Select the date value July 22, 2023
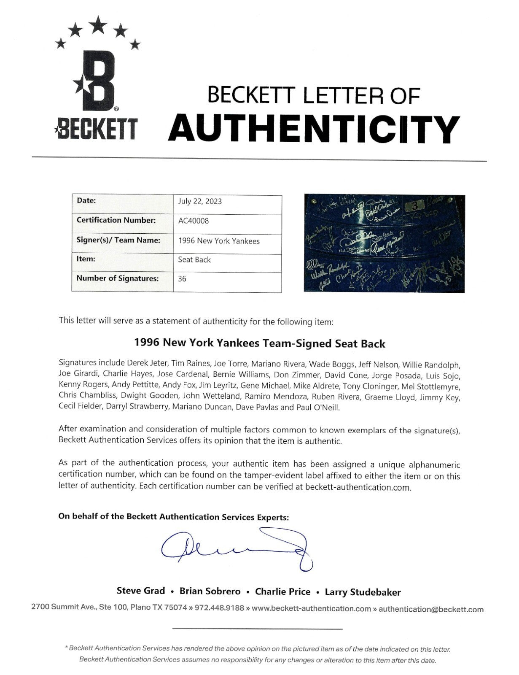coord(200,201)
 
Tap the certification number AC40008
coord(194,221)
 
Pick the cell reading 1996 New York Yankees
coord(219,241)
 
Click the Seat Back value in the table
coord(194,259)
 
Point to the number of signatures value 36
coord(182,278)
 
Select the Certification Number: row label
coord(116,220)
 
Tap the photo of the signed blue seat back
coord(384,243)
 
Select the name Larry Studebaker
coord(363,592)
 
